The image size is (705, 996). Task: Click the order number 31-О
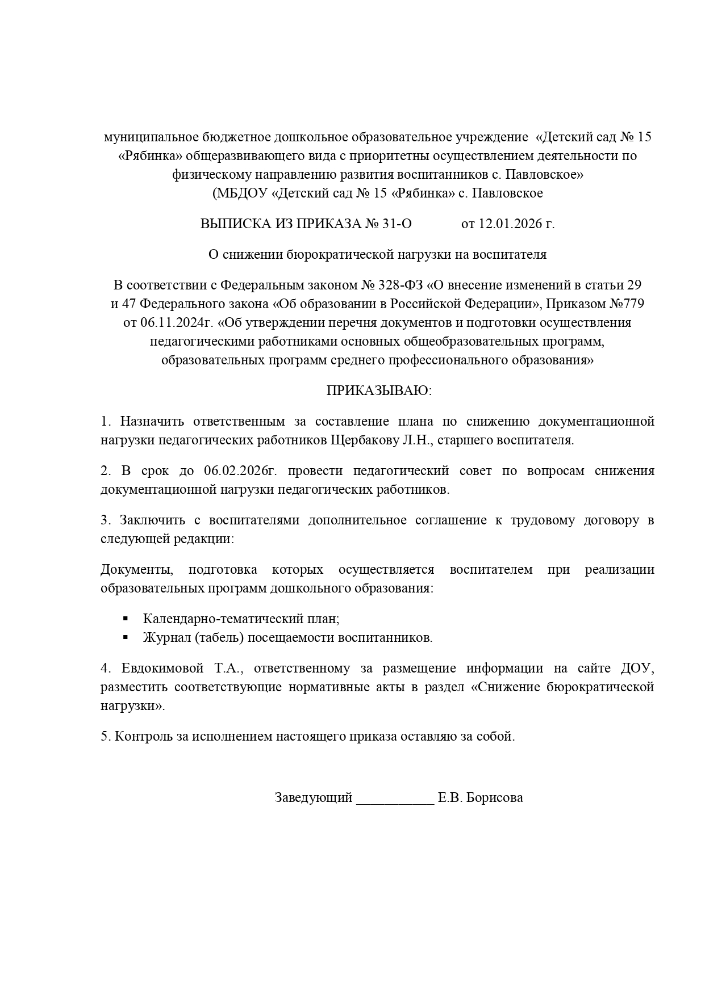pyautogui.click(x=397, y=224)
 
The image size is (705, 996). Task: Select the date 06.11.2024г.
pyautogui.click(x=176, y=323)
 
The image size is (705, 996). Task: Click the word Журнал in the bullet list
pyautogui.click(x=166, y=637)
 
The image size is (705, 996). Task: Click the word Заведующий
pyautogui.click(x=314, y=797)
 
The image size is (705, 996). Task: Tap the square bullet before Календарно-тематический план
pyautogui.click(x=126, y=619)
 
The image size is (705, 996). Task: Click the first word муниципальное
pyautogui.click(x=149, y=137)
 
